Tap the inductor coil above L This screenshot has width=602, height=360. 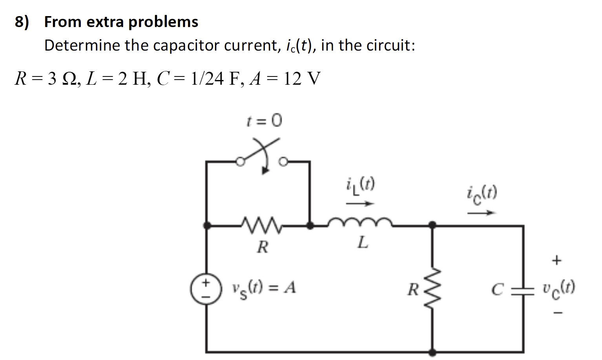pos(360,223)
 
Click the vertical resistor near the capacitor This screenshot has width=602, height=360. pos(432,289)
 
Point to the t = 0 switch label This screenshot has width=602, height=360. pos(264,120)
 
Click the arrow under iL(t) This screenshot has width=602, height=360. pos(360,204)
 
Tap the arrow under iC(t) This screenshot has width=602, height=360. pos(481,213)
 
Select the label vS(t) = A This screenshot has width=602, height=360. pos(264,289)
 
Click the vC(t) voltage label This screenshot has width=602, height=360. pos(559,288)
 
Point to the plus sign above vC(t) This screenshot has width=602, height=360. pos(556,260)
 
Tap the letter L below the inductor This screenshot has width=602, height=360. pos(363,243)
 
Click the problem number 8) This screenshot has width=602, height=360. pos(22,22)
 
